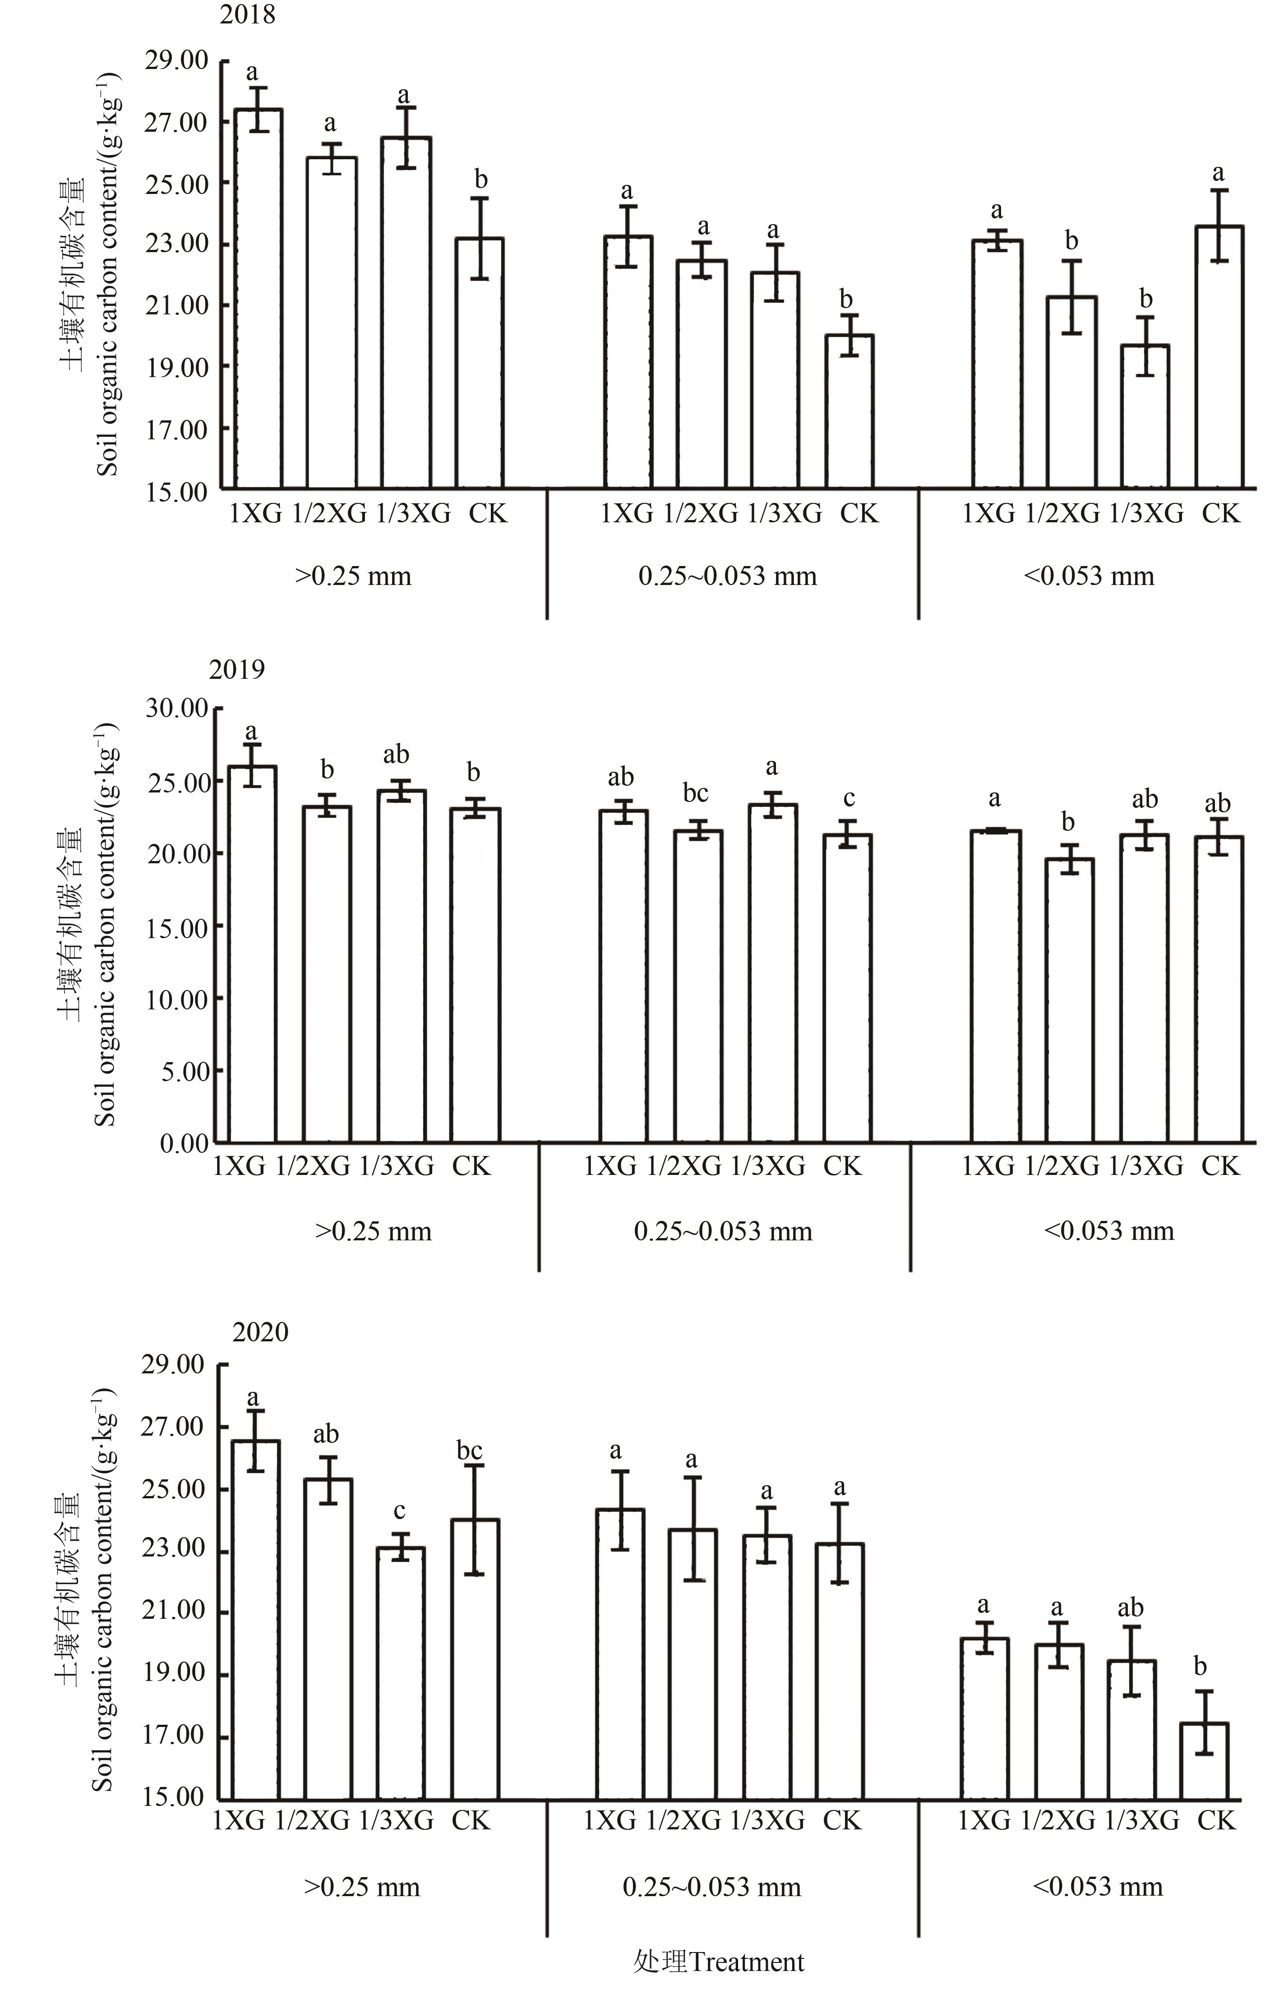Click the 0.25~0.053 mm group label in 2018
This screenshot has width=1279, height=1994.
(728, 576)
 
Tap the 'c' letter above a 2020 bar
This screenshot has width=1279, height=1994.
(399, 1511)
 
